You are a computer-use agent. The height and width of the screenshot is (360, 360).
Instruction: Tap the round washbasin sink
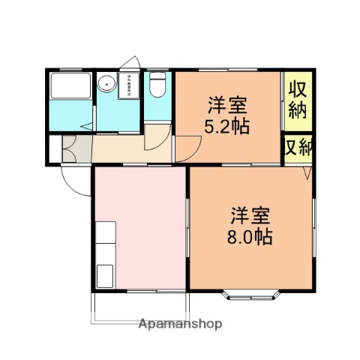(106, 84)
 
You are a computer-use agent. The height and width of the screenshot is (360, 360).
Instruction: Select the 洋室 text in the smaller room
(226, 104)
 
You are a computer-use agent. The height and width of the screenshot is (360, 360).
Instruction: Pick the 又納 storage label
(298, 147)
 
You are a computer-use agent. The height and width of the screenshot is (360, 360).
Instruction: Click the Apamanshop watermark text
(180, 325)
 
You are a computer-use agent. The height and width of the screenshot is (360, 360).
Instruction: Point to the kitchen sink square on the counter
(104, 274)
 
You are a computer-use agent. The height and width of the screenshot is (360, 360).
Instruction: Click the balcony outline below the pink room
(140, 307)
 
